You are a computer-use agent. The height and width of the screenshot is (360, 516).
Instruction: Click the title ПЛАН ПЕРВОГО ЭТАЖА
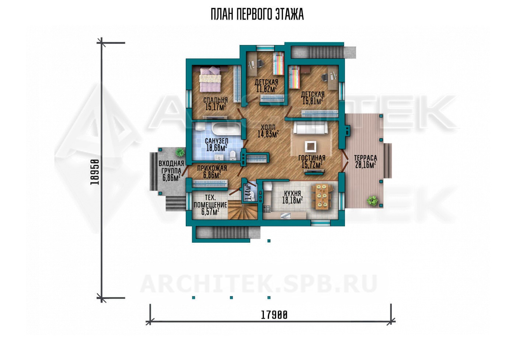257,14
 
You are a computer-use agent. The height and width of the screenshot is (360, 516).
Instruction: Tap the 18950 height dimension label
95,172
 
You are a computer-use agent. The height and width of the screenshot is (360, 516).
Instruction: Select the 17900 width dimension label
274,315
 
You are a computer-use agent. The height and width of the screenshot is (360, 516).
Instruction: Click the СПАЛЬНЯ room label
215,100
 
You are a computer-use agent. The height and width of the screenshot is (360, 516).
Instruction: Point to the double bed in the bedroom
210,79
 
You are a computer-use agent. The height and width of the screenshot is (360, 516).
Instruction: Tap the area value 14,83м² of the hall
268,134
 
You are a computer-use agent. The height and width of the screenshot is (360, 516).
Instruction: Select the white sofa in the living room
311,128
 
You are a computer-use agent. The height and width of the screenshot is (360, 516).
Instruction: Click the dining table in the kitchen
322,197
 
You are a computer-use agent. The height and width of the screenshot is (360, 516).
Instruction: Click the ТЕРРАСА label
366,158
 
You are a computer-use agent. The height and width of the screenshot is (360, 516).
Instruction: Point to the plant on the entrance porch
179,152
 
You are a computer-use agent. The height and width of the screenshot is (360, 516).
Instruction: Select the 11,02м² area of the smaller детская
266,89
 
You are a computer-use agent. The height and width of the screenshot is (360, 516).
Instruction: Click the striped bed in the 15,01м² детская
294,77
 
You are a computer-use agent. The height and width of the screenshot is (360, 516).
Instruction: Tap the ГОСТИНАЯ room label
312,158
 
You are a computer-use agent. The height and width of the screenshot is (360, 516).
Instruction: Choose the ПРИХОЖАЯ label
212,168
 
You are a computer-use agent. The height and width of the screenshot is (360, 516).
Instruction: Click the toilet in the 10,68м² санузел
233,156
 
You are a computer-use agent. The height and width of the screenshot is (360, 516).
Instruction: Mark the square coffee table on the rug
310,146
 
